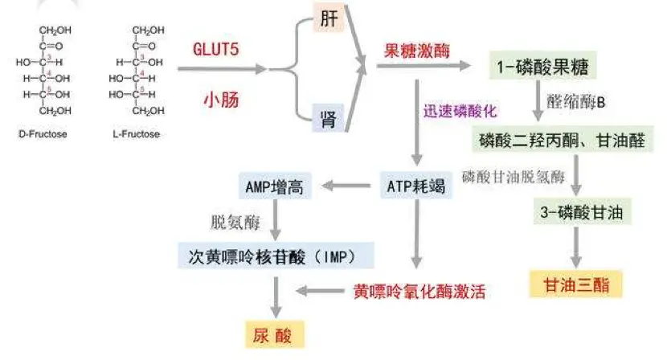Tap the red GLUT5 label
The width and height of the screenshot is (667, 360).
[x=216, y=48]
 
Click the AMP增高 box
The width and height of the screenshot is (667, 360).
[x=275, y=186]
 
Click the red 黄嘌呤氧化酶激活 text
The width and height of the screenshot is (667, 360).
[x=419, y=292]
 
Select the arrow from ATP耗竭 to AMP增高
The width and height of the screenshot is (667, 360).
[x=346, y=187]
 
